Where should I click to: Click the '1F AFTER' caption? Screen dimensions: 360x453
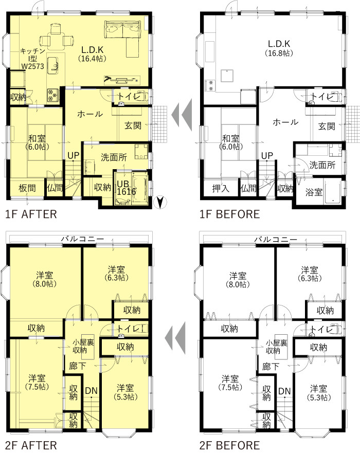(31, 214)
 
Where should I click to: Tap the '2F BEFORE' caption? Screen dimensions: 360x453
(230, 445)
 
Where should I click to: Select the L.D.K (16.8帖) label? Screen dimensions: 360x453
(279, 48)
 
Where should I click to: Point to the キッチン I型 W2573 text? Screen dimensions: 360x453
(32, 59)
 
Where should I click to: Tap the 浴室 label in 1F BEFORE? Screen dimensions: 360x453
(314, 192)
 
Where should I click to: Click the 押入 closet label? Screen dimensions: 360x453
(221, 189)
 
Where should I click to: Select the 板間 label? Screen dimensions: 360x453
(27, 188)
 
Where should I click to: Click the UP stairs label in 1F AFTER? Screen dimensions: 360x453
(74, 155)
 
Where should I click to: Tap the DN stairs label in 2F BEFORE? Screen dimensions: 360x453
(284, 391)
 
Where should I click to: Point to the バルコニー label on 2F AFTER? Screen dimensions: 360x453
(82, 239)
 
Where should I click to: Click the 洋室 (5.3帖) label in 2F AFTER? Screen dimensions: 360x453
(125, 392)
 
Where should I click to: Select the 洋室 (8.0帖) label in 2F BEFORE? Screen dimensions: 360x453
(238, 280)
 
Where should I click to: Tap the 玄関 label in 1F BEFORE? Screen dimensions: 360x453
(327, 126)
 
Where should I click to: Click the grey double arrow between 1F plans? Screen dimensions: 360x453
(182, 115)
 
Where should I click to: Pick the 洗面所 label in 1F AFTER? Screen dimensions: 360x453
(114, 157)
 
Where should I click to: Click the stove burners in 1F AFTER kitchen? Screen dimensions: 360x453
(52, 95)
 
